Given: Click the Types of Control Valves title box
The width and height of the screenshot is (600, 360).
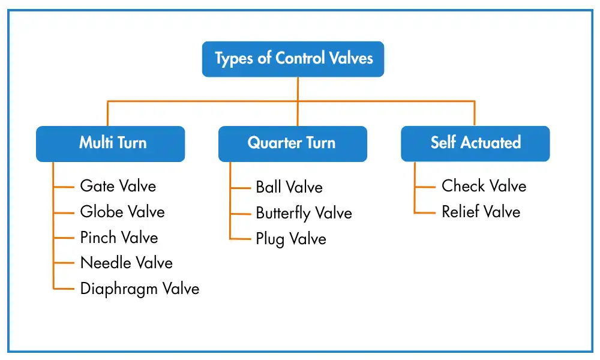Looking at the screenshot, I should point(293,59).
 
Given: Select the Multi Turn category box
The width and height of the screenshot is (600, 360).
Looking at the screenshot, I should point(110,143).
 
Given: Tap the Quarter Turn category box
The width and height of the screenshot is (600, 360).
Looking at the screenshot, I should point(292,143).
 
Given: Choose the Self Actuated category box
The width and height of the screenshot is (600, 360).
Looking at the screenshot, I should point(475,143).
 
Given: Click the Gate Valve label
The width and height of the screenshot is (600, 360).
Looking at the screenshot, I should point(118,186).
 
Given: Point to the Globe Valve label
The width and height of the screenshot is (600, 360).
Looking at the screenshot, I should point(122,212).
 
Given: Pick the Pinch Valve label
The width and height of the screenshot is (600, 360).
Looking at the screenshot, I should point(119,238).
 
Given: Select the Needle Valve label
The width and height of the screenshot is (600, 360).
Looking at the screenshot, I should point(126,263).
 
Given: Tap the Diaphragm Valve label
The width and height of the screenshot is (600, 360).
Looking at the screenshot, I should point(139,289).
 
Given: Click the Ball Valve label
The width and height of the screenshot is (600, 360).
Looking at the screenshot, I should point(289,187).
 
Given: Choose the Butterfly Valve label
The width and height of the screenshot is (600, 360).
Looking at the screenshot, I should point(304,213).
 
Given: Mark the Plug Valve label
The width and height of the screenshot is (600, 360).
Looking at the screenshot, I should point(291,239).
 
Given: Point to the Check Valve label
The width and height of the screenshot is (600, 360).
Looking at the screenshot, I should point(484,186).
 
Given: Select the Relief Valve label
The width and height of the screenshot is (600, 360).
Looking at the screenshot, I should point(481,212).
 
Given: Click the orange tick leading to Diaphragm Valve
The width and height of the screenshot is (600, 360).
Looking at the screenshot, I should point(64,289).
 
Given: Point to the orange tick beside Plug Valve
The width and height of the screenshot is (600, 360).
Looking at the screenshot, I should point(240,239).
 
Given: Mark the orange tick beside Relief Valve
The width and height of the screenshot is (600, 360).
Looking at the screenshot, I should point(425,212).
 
